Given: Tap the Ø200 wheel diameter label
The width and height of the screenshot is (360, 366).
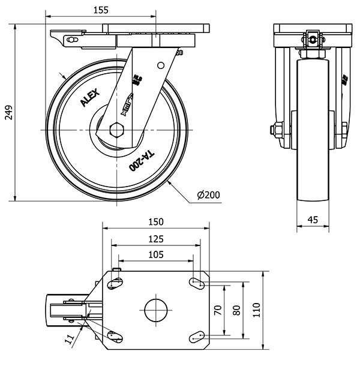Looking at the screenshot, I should tap(208, 195).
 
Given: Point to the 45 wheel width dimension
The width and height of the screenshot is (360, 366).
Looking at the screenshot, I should tap(313, 220).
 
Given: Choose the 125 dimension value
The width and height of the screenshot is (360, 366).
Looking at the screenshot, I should tap(155, 238).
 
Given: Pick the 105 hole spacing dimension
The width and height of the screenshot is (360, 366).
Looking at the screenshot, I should tap(155, 254).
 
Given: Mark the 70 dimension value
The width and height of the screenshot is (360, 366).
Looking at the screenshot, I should tap(218, 310).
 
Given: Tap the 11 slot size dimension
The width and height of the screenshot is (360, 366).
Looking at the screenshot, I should tap(70, 339).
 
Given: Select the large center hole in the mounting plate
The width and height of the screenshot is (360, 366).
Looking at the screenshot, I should tap(156, 310).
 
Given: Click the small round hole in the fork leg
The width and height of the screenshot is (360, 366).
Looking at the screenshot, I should tap(160, 64).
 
